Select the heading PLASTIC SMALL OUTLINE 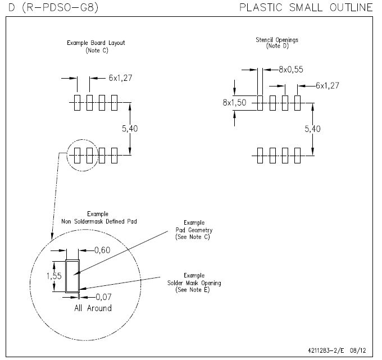pos(306,7)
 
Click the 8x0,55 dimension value pos(290,70)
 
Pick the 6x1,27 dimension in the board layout pos(121,78)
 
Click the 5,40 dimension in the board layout pos(129,129)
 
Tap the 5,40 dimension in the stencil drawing pos(313,129)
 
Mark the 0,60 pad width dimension pos(102,250)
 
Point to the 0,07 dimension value pos(102,296)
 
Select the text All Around pos(93,308)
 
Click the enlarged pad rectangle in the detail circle pos(73,276)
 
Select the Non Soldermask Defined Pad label pos(93,221)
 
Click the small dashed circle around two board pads pos(82,156)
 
